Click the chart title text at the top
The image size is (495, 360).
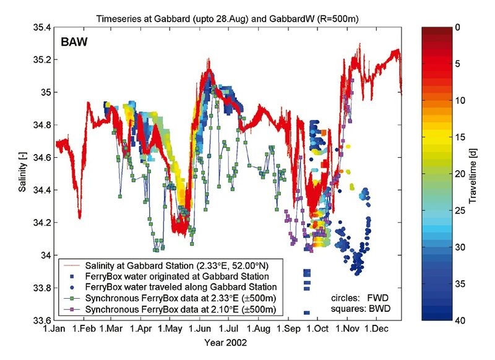pos(228,19)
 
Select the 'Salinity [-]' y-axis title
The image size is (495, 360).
pos(22,174)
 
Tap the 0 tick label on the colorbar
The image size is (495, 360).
pos(457,28)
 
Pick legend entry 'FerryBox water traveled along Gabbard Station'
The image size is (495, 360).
pos(179,287)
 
